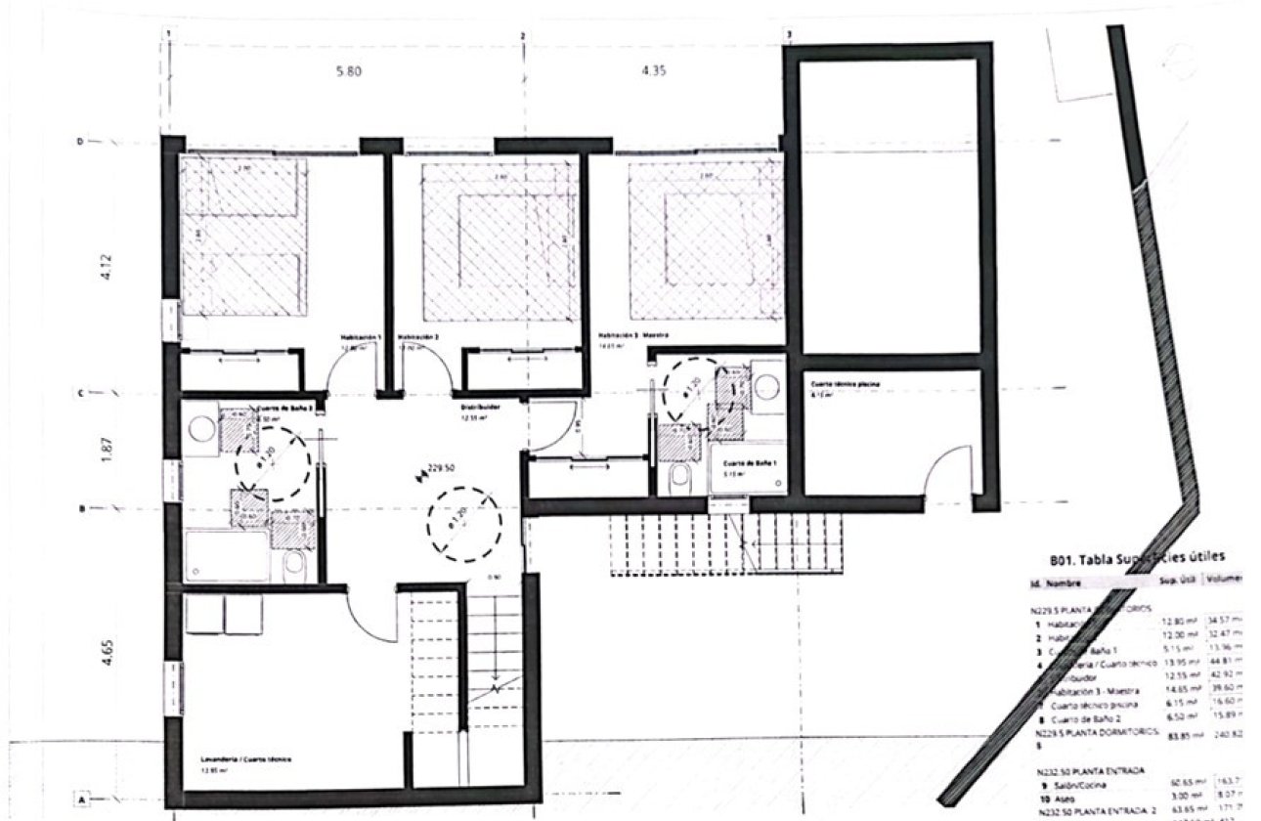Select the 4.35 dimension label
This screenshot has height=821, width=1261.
pyautogui.click(x=654, y=71)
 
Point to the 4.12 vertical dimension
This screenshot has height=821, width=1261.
pyautogui.click(x=108, y=268)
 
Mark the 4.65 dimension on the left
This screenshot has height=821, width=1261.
pyautogui.click(x=108, y=652)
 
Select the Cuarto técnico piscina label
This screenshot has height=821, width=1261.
pyautogui.click(x=845, y=385)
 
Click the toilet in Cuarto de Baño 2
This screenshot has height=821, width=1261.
pyautogui.click(x=294, y=566)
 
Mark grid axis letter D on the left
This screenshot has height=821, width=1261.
pyautogui.click(x=80, y=142)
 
